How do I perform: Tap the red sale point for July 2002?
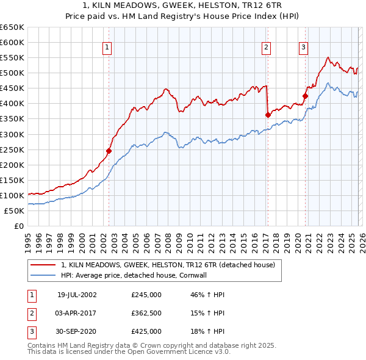tap(109, 151)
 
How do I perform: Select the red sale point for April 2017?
tap(268, 115)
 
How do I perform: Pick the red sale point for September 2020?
tap(305, 96)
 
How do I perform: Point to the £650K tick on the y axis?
tap(12, 27)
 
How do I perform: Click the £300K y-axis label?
tap(12, 134)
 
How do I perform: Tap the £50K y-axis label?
tap(14, 211)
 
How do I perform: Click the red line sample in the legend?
tap(43, 265)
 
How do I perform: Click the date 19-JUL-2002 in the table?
tap(77, 295)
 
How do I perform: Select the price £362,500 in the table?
tap(146, 313)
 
